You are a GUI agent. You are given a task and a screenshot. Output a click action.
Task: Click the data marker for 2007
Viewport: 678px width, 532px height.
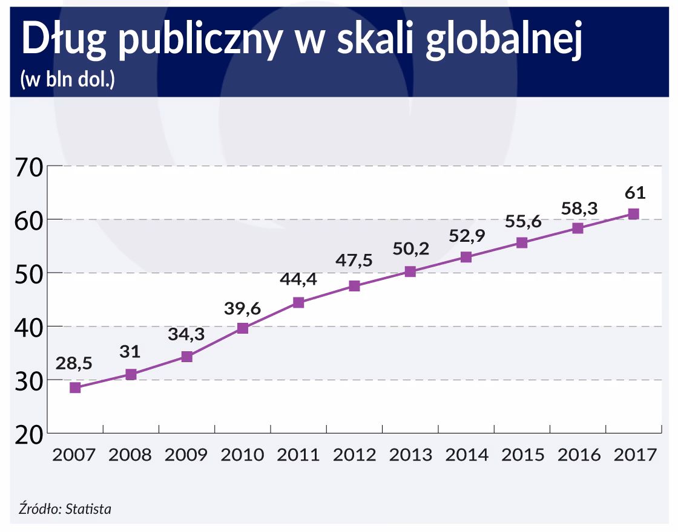tap(75, 388)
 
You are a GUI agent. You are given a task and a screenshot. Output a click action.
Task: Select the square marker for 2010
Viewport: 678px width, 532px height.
tap(243, 328)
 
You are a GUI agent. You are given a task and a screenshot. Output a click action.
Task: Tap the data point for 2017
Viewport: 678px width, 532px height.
tap(633, 214)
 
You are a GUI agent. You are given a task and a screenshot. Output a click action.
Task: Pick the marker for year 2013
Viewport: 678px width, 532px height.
tap(410, 271)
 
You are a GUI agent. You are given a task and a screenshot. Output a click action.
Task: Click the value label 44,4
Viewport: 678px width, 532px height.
tap(298, 280)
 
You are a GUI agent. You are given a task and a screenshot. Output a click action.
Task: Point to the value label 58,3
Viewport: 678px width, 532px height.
tap(578, 209)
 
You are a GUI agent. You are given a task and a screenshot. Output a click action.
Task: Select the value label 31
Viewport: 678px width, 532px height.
tap(130, 352)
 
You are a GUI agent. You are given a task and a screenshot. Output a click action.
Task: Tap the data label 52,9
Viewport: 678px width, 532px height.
tap(467, 236)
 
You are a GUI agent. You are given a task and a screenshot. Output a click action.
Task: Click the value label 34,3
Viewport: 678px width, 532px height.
tap(186, 334)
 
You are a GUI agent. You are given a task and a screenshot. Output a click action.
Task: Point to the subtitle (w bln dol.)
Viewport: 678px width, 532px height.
tap(67, 80)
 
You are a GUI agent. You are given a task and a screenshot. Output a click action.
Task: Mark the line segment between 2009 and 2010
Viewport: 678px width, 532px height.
tap(214, 343)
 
